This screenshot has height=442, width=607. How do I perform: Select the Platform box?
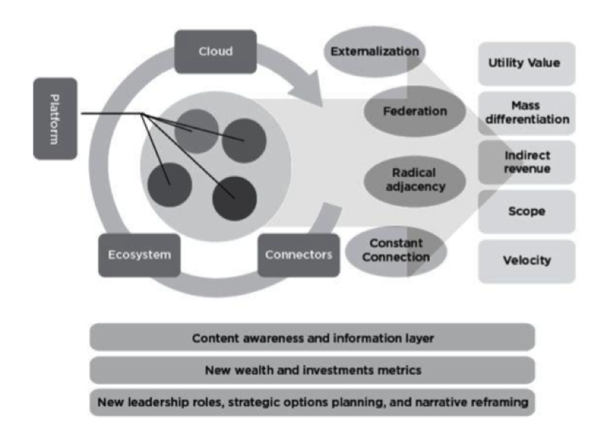(x=55, y=118)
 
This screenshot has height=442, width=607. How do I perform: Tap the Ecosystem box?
(x=139, y=255)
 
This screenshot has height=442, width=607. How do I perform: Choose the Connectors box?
(x=298, y=255)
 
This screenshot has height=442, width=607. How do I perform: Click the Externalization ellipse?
(x=374, y=52)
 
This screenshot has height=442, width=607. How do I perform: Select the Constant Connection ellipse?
(x=396, y=251)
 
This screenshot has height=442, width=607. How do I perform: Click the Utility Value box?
(x=526, y=63)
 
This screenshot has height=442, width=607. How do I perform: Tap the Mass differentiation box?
(x=526, y=113)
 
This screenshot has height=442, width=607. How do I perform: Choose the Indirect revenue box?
(x=526, y=162)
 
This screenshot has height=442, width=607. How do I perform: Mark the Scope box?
(x=526, y=211)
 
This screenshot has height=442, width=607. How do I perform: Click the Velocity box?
(x=526, y=261)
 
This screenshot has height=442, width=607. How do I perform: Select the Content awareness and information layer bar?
(x=312, y=338)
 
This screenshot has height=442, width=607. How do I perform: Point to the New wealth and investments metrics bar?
(x=312, y=371)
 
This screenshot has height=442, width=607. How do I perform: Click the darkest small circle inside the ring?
(x=234, y=198)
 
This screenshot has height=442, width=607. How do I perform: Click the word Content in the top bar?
(x=214, y=338)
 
